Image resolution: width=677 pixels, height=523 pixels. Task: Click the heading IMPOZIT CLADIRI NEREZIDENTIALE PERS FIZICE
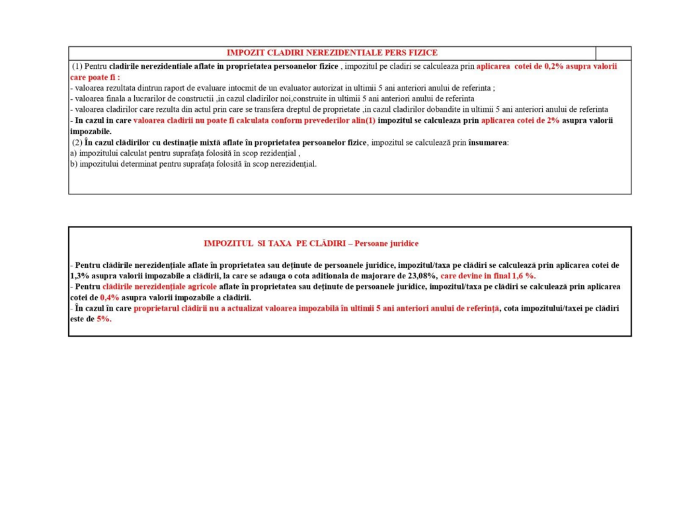click(x=332, y=53)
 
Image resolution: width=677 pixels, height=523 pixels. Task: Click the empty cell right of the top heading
click(x=613, y=53)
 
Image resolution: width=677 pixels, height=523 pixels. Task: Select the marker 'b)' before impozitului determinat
click(x=74, y=163)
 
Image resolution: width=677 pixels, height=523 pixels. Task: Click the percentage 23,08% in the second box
click(x=422, y=275)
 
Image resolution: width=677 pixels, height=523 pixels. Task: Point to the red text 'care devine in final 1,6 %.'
click(x=488, y=275)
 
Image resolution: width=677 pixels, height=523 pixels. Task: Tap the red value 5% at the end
click(x=104, y=319)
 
